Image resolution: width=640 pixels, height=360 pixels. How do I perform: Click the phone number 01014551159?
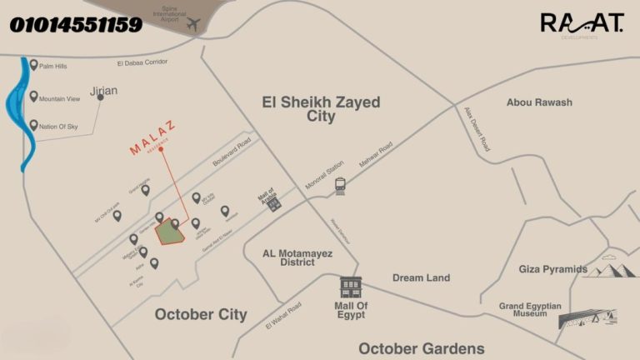click(x=76, y=25)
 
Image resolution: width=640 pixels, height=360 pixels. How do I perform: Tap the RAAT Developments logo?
click(x=581, y=24)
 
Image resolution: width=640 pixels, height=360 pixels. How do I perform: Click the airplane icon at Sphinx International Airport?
click(x=194, y=25)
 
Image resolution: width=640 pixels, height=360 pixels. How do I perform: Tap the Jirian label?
click(x=103, y=90)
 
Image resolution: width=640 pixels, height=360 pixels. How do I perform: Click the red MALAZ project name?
click(x=152, y=141)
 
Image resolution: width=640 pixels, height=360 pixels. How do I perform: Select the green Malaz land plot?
click(x=170, y=233)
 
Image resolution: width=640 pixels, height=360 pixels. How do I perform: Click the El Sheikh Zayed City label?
click(x=321, y=109)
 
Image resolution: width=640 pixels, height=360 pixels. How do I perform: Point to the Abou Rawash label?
click(x=539, y=102)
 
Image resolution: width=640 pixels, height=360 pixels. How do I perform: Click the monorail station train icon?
click(x=340, y=186)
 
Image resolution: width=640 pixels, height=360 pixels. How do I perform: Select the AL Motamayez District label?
click(x=287, y=257)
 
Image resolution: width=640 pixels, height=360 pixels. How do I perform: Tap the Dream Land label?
click(x=421, y=277)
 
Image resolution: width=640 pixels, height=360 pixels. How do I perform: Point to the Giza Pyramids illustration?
click(x=607, y=268)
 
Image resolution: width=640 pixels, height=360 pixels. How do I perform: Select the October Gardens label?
click(x=421, y=347)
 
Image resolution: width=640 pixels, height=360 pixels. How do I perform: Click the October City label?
click(x=200, y=314)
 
